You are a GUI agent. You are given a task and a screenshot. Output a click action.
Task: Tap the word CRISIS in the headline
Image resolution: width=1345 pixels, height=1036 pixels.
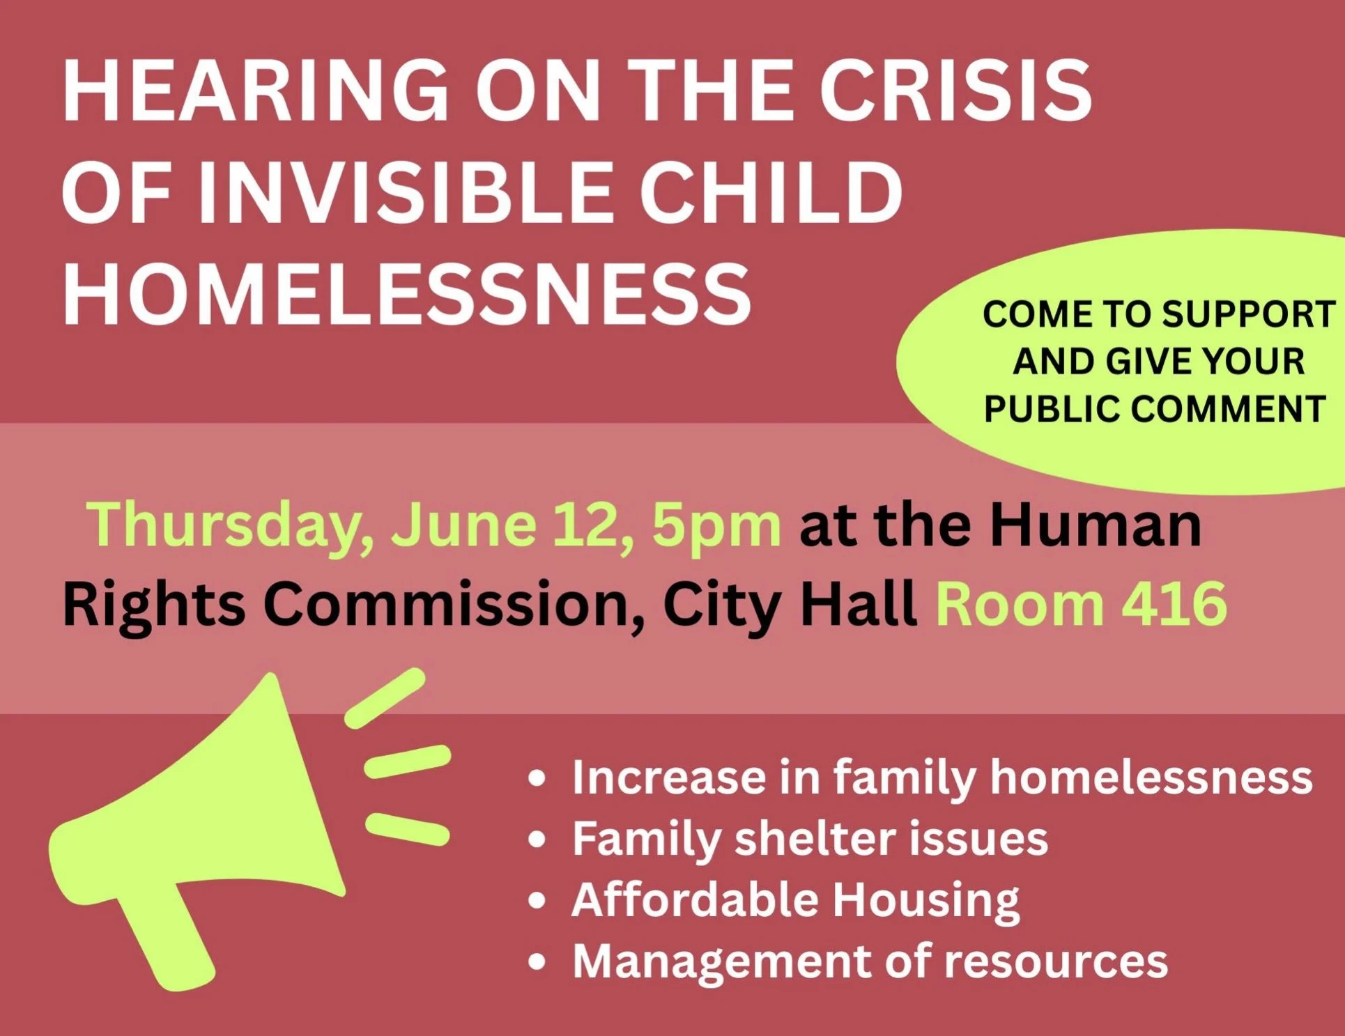955,91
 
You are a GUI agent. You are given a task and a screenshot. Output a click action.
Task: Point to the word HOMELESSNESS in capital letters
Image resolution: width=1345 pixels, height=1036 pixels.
407,293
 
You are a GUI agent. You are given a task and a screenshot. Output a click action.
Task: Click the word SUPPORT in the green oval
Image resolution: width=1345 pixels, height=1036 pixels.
1247,314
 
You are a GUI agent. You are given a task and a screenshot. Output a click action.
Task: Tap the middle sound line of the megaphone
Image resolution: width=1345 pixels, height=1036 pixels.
408,761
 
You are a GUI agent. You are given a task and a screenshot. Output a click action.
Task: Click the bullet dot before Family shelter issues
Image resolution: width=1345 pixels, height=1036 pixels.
537,840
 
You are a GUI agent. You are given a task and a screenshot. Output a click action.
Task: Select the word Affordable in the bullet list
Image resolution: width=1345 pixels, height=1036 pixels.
694,899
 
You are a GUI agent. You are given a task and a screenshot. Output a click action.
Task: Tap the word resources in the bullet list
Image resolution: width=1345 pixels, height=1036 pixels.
1056,962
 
